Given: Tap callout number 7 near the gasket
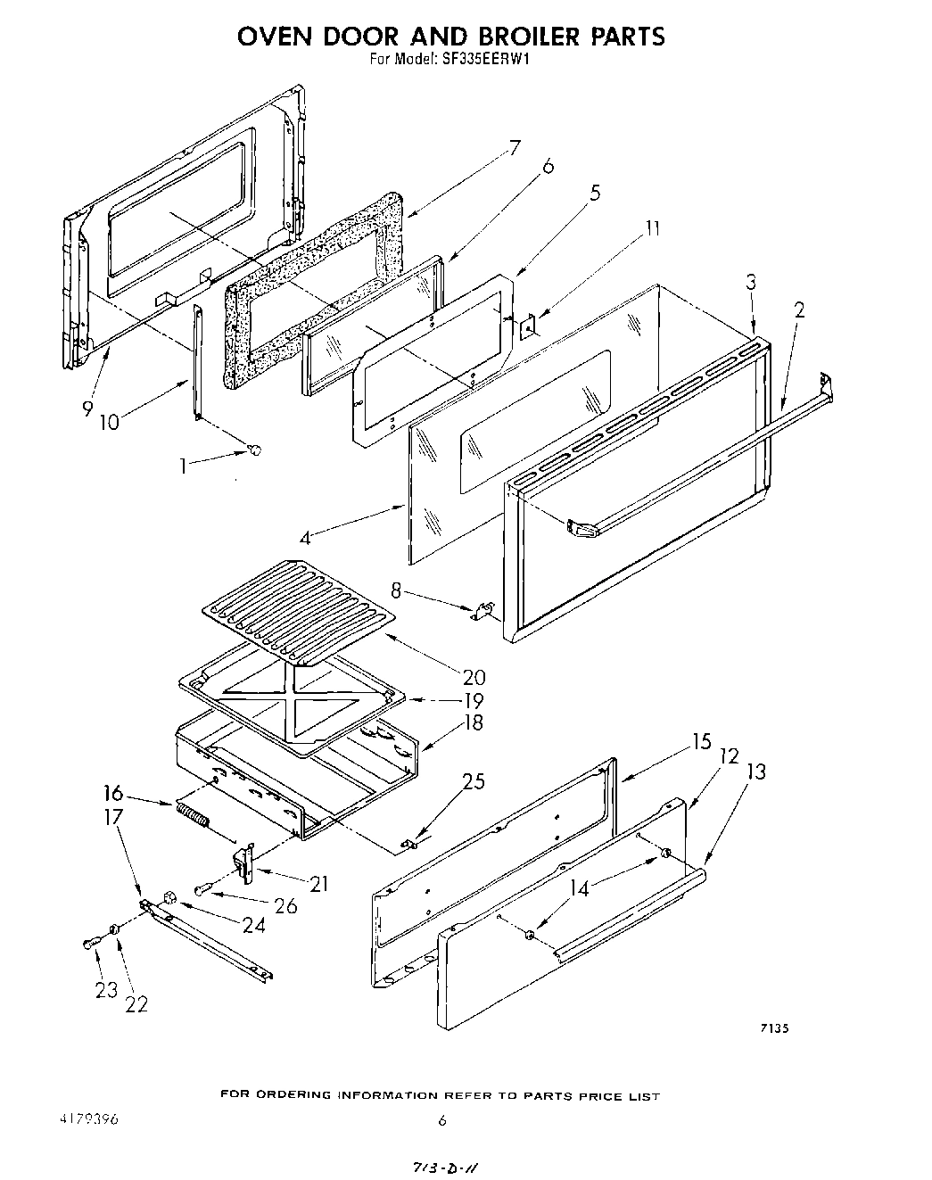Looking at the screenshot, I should click(x=514, y=148).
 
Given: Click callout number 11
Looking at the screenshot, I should click(x=653, y=228).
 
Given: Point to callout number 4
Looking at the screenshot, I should click(x=305, y=538).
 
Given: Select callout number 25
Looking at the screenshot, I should click(x=474, y=782).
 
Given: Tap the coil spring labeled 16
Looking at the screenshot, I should click(x=193, y=814).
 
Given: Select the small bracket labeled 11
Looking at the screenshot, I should click(x=527, y=327).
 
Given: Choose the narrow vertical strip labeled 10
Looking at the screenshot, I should click(x=196, y=361).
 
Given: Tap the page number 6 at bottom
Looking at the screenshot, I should click(x=441, y=1122).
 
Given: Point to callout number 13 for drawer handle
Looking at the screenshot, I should click(x=755, y=771).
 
